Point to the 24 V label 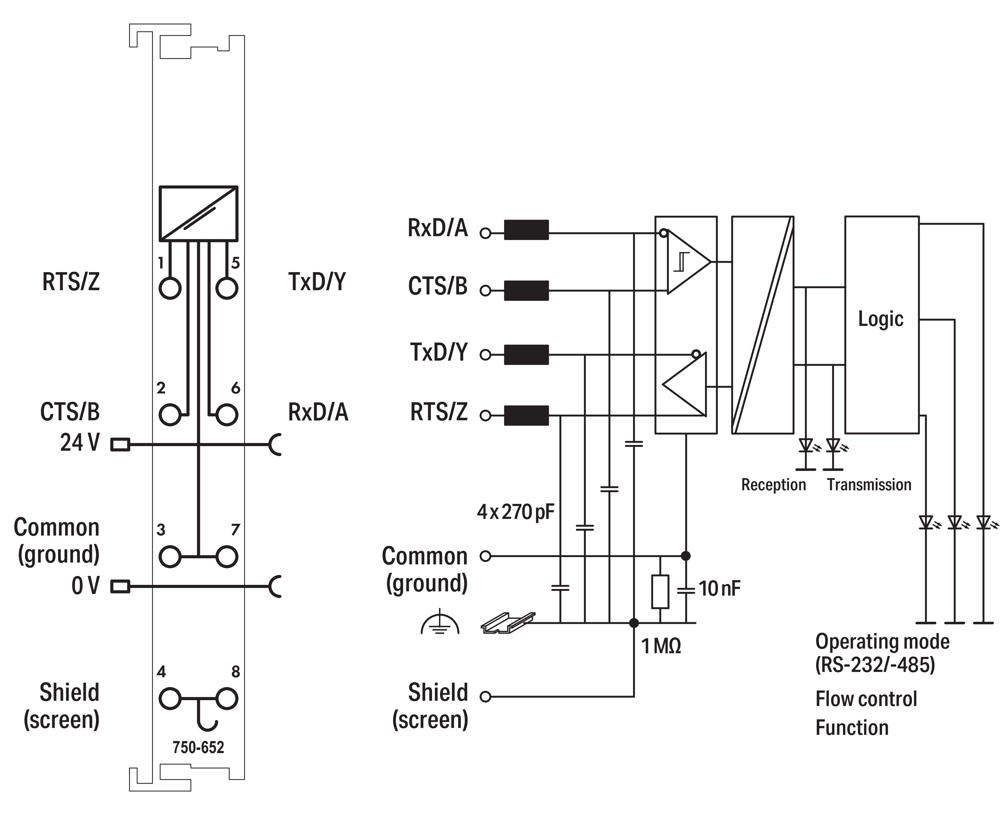(x=80, y=443)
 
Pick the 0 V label (x=85, y=586)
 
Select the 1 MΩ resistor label (x=661, y=647)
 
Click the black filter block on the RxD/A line (x=526, y=230)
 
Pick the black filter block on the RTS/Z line (x=526, y=415)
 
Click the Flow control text (x=866, y=699)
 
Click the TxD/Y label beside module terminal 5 (x=317, y=282)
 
